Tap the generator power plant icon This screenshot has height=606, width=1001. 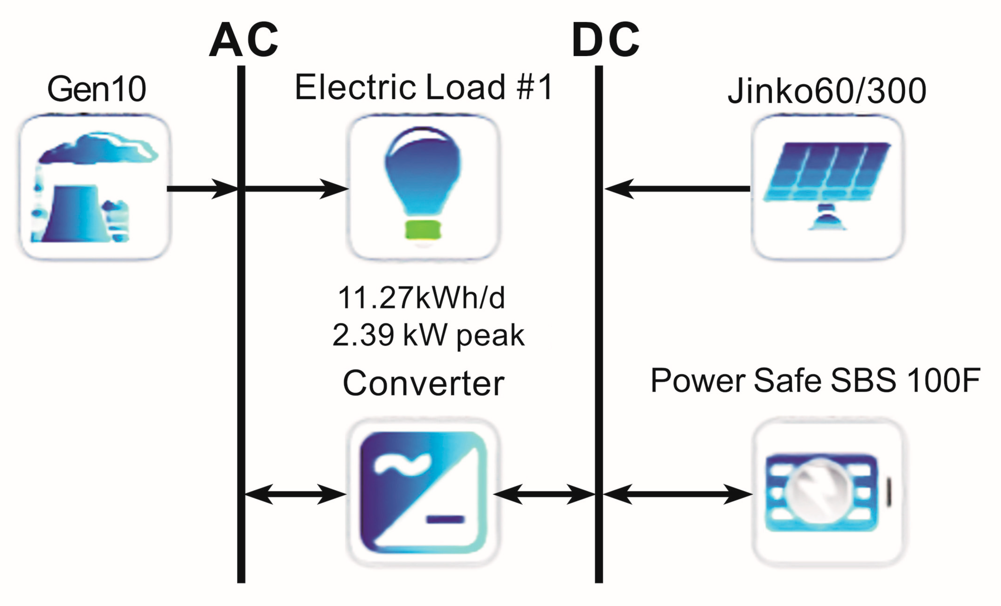94,187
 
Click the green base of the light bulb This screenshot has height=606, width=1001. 423,230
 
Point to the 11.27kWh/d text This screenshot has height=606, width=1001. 421,298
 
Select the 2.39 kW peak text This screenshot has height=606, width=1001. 428,335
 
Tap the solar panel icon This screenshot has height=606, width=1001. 827,185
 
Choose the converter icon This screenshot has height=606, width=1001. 423,493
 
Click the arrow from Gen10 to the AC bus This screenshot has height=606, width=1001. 202,189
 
